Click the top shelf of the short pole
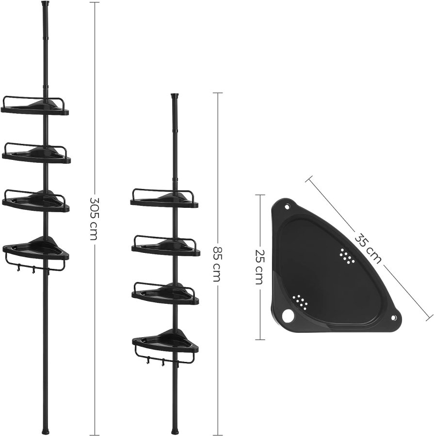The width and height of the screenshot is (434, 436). [163, 199]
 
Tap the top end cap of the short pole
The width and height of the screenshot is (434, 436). [175, 96]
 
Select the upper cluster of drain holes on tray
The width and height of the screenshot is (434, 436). [347, 255]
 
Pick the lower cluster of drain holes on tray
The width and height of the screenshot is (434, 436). [301, 302]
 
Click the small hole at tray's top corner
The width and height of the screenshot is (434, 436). [287, 207]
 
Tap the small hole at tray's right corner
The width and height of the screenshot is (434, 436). [393, 318]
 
